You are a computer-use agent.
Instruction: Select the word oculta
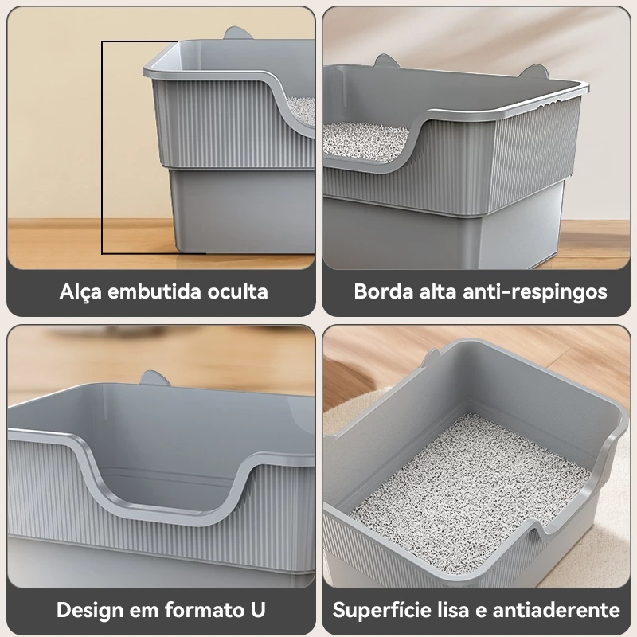237,291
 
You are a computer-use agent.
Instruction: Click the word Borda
384,291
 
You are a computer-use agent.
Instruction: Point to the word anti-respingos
534,292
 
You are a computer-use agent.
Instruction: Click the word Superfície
382,610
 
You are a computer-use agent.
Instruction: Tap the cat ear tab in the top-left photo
237,33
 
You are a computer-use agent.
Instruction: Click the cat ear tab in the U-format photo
154,377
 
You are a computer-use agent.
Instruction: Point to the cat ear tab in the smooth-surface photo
431,358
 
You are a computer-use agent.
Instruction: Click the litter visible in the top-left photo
302,110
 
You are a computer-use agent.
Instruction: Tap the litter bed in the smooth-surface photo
467,491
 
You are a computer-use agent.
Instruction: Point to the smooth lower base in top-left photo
242,211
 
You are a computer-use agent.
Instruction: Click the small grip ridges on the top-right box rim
550,105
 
